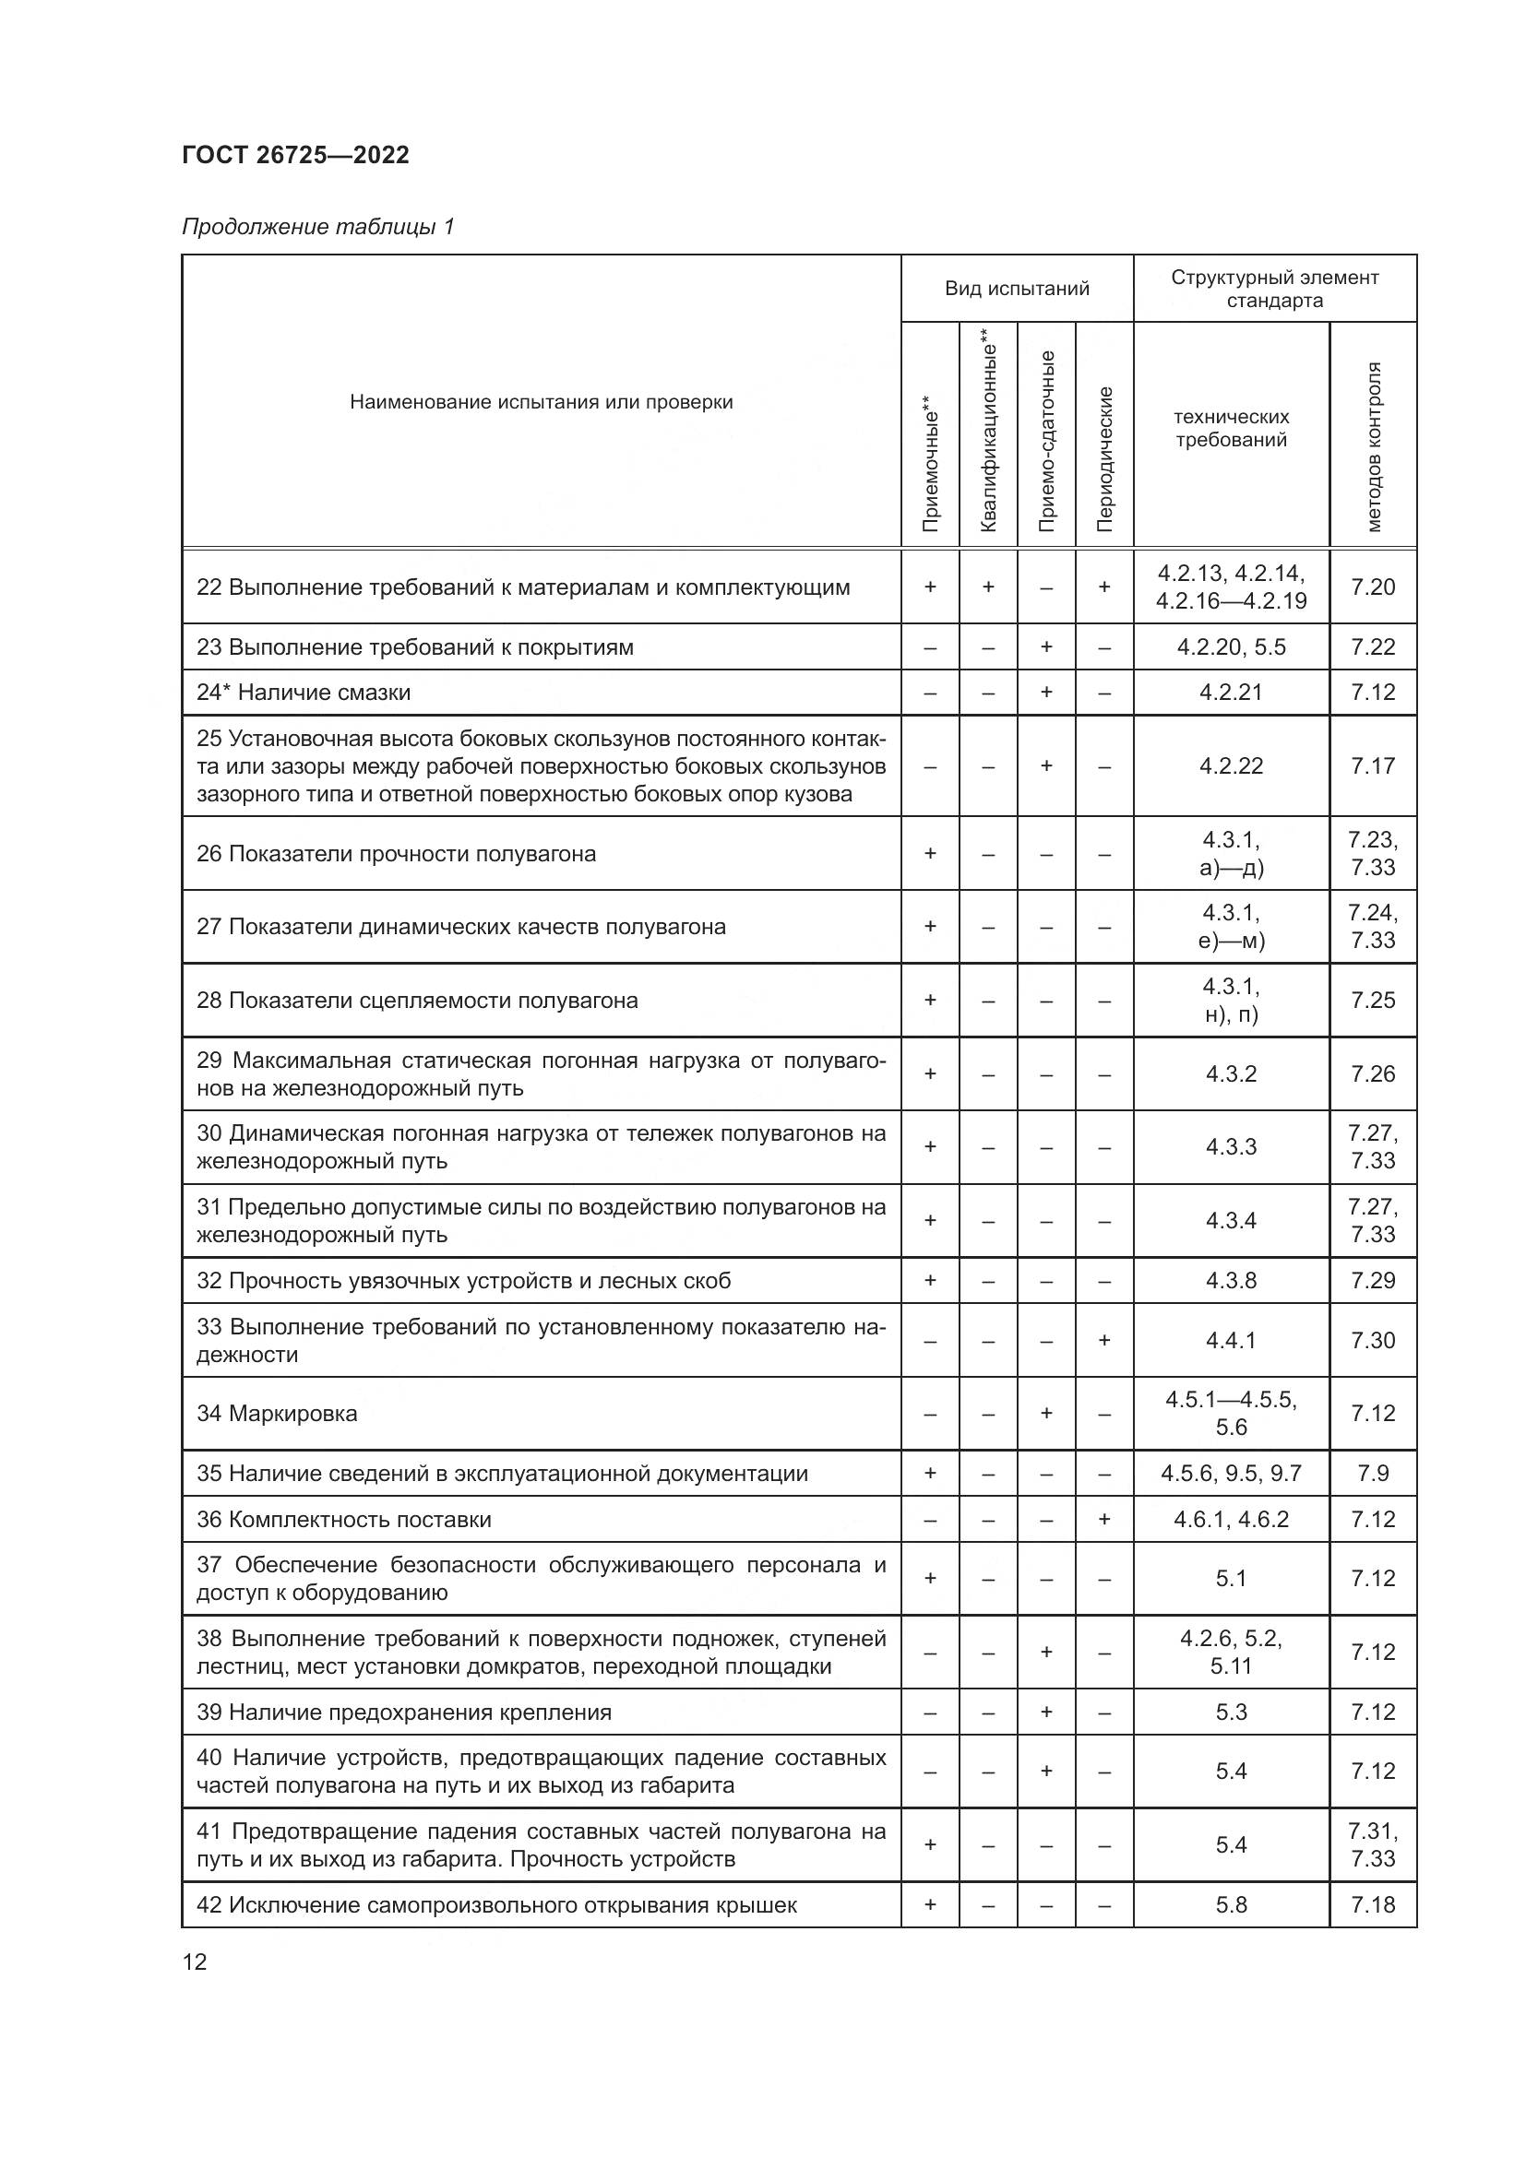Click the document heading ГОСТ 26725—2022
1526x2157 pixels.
coord(295,155)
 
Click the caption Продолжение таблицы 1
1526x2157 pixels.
coord(317,227)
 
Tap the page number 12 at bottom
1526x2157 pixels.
coord(195,1961)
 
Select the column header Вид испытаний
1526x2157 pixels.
coord(1017,289)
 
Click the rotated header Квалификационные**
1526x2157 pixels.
coord(987,431)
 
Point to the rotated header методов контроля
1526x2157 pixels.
coord(1373,446)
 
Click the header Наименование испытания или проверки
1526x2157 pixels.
coord(542,402)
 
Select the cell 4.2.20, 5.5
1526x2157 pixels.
coord(1231,646)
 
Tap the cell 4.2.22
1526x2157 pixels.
coord(1231,765)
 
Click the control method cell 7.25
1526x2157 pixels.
coord(1373,1000)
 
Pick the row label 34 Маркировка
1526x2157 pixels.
coord(277,1413)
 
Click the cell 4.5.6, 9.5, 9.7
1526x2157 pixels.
coord(1231,1473)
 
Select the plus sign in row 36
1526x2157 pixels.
coord(1104,1519)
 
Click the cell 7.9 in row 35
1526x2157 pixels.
coord(1373,1473)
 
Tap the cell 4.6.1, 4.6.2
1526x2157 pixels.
coord(1231,1519)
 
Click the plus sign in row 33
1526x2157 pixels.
coord(1104,1341)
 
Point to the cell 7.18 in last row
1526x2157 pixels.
coord(1373,1904)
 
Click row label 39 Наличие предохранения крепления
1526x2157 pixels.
coord(404,1712)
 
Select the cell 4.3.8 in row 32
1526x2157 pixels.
coord(1231,1281)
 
